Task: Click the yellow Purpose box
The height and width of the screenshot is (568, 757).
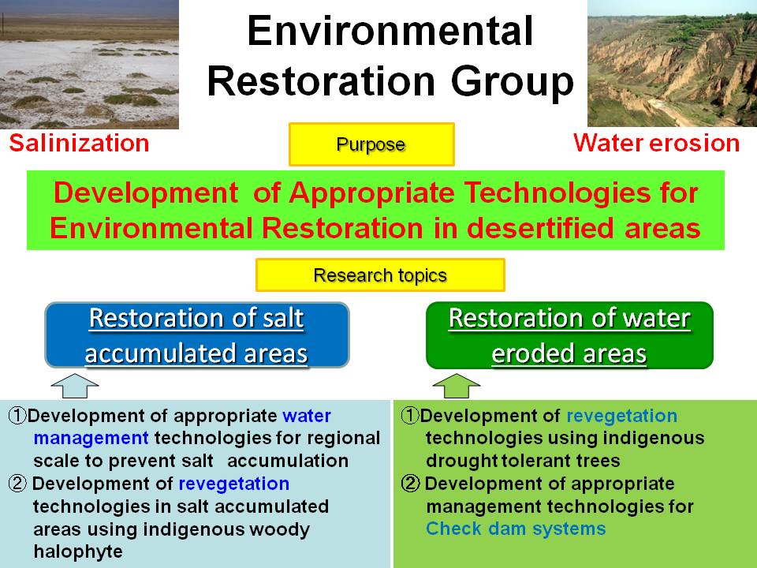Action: click(x=371, y=144)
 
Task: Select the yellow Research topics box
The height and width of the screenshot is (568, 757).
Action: click(x=380, y=275)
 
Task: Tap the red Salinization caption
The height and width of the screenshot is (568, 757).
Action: click(x=79, y=144)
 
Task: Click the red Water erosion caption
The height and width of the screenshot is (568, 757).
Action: click(x=657, y=143)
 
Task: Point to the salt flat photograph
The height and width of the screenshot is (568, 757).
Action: click(x=89, y=64)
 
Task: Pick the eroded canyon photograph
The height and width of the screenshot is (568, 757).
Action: click(x=672, y=63)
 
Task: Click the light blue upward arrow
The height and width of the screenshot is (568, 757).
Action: click(x=75, y=386)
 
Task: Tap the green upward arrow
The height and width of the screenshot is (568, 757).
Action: click(x=457, y=386)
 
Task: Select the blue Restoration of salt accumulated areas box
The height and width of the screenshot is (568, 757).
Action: click(x=197, y=335)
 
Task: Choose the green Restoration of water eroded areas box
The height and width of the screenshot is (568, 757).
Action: click(x=569, y=335)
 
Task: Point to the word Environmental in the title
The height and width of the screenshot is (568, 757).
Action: click(x=390, y=31)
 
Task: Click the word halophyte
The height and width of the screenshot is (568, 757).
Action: click(x=78, y=551)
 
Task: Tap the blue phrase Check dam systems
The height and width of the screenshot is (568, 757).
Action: click(x=516, y=529)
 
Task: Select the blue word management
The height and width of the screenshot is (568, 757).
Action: click(x=91, y=439)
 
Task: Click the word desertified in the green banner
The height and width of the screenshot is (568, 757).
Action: click(x=543, y=228)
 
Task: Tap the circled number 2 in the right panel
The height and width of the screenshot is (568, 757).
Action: click(x=410, y=484)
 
